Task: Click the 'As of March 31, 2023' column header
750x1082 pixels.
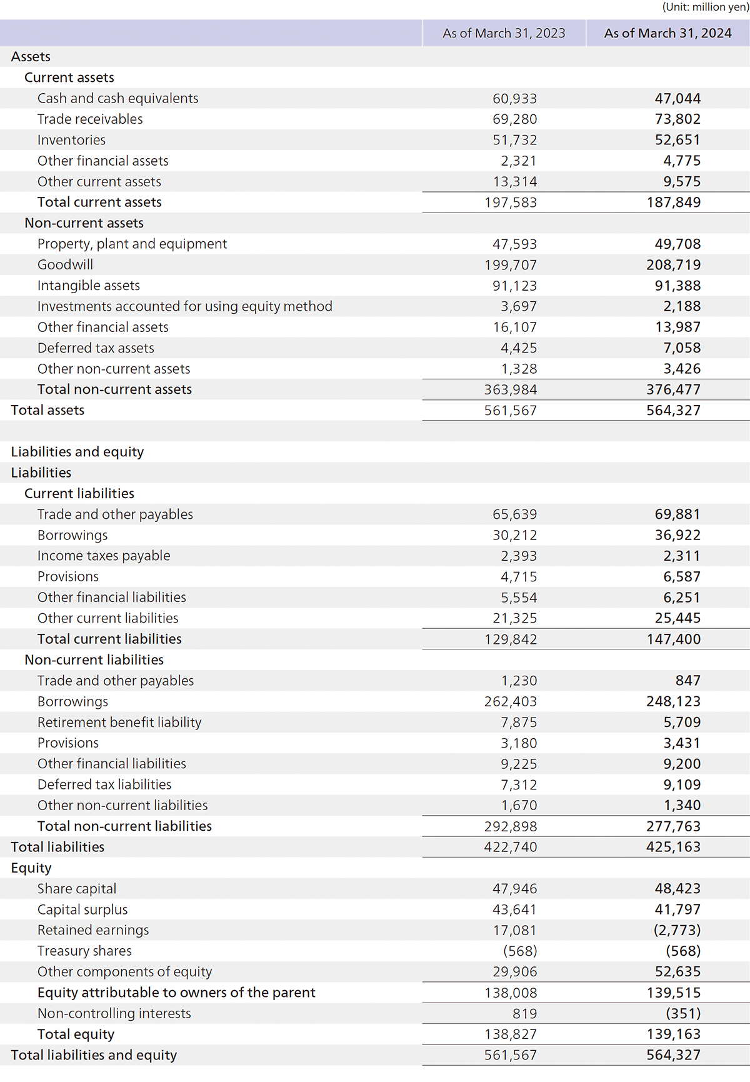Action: coord(504,33)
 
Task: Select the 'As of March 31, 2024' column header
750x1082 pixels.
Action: coord(667,33)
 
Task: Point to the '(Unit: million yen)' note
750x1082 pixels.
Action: coord(705,8)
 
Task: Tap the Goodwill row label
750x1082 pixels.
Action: coord(65,264)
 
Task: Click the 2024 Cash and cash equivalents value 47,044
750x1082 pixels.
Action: coord(677,98)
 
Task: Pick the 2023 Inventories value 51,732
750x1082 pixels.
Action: coord(514,140)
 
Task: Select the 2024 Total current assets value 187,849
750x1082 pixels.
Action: coord(673,203)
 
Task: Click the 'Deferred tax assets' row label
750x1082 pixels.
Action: coord(96,348)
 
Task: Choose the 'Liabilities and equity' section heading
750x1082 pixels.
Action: coord(77,452)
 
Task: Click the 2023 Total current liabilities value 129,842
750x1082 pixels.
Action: coord(510,639)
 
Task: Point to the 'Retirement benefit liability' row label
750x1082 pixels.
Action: coord(119,723)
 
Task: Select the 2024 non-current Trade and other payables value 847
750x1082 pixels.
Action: coord(687,681)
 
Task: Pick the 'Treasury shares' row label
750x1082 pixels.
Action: coord(84,951)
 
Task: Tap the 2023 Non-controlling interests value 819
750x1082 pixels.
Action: coord(524,1013)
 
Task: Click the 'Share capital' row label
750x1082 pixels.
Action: coord(77,889)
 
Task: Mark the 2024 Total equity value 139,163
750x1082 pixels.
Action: coord(673,1034)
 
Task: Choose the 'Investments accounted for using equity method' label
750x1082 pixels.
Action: coord(185,306)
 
